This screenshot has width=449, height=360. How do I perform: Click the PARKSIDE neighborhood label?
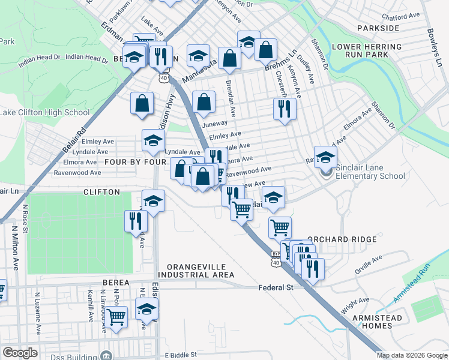(378, 28)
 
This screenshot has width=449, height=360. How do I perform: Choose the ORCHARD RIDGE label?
(342, 239)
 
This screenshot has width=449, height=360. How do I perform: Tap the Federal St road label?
(276, 287)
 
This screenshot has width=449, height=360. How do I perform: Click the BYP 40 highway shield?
(276, 258)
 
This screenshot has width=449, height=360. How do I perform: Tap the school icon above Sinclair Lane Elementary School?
(325, 157)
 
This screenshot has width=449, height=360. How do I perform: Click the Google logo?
(20, 353)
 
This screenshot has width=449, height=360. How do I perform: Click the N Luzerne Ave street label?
(37, 313)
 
